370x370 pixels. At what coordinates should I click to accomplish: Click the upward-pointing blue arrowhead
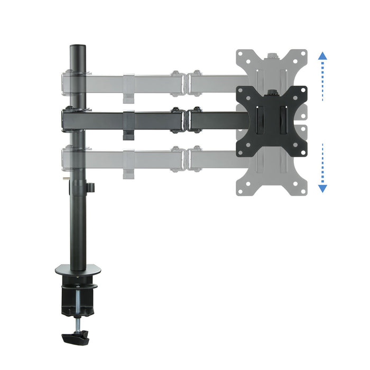coord(323,54)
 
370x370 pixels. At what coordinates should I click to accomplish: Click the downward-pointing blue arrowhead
coord(323,188)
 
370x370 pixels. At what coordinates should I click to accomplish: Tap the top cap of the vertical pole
coord(78,47)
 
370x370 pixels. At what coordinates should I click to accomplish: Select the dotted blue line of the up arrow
coord(323,79)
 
